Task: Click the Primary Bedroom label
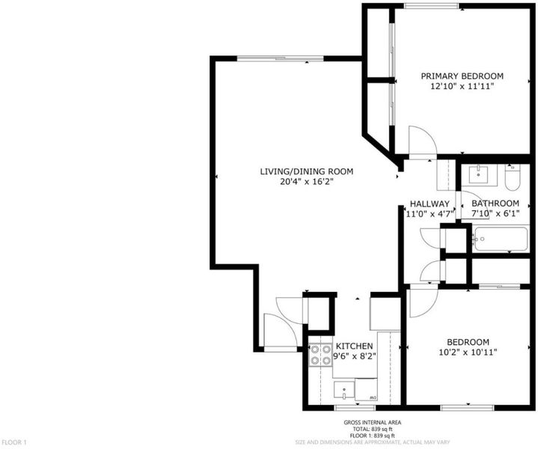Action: [462, 76]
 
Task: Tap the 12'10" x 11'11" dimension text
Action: [462, 86]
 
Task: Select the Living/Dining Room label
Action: [306, 171]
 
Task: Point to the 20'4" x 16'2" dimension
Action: [307, 182]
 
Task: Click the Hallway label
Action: [430, 204]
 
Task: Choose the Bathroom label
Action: [495, 204]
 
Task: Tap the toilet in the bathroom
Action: [513, 177]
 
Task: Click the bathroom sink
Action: [479, 175]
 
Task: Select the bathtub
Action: [501, 239]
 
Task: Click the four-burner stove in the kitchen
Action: [320, 355]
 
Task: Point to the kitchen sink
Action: [344, 391]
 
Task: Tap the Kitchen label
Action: [354, 346]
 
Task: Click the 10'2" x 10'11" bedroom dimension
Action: [468, 352]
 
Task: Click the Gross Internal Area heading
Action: [373, 423]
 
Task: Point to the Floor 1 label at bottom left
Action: [13, 442]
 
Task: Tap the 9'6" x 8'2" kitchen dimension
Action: [355, 356]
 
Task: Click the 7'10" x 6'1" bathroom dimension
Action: [495, 213]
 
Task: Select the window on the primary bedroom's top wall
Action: [431, 5]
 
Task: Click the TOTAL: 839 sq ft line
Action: [373, 429]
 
